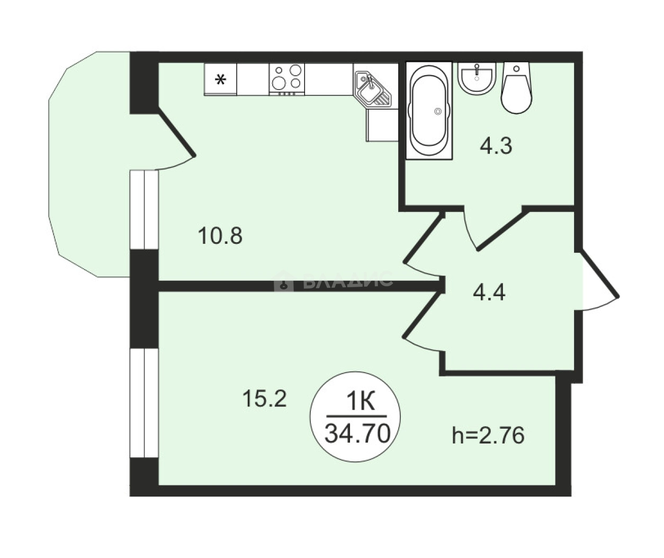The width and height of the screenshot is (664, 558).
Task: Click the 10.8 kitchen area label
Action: [x=220, y=236]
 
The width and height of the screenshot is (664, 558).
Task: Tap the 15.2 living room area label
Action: [x=265, y=399]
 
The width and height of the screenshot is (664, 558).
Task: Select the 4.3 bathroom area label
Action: [x=496, y=146]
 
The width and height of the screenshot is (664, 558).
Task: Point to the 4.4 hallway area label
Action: [x=489, y=293]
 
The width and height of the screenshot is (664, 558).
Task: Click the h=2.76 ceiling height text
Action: [x=488, y=436]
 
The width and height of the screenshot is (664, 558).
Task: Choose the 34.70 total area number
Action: [x=357, y=433]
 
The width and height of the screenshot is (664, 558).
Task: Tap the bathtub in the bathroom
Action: [x=429, y=110]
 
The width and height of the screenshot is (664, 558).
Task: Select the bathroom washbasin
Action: [x=477, y=78]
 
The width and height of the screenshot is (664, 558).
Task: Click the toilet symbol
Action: [x=516, y=87]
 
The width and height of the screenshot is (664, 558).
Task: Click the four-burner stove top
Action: [x=287, y=78]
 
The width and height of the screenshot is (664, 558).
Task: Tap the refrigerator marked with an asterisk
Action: [x=220, y=79]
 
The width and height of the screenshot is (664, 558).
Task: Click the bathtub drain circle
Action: [x=438, y=111]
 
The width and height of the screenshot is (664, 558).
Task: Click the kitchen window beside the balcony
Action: [x=144, y=210]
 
